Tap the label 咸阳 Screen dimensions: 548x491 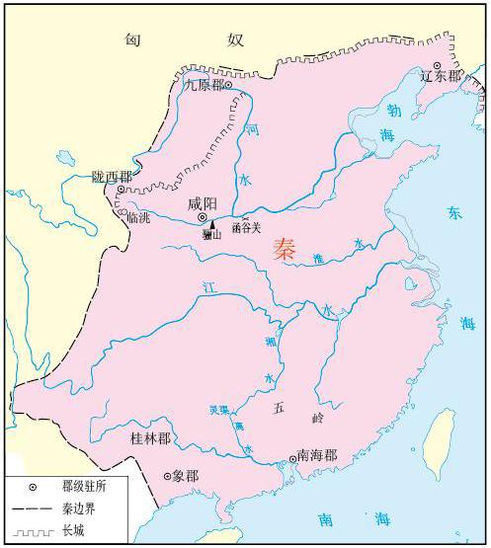click(x=203, y=204)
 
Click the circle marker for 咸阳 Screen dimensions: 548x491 click(x=202, y=217)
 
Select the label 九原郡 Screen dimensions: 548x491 click(x=205, y=85)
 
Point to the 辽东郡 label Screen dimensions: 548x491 click(x=440, y=76)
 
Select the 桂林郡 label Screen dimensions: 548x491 click(x=150, y=436)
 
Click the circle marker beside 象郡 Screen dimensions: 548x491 click(x=166, y=477)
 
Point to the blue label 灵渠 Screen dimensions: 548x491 click(x=219, y=409)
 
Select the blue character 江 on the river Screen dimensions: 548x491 click(x=207, y=287)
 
